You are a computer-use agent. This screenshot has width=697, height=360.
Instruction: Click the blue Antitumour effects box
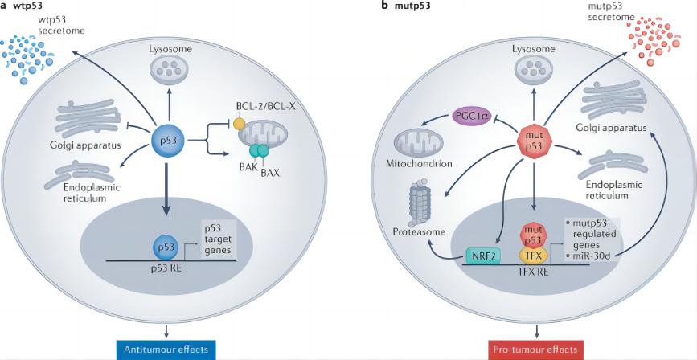coord(166,349)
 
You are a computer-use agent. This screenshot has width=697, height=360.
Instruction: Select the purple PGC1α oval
coord(472,116)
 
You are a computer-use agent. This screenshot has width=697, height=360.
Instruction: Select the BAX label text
coord(248,174)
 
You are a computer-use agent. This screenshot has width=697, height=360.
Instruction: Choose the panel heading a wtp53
coord(23,6)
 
